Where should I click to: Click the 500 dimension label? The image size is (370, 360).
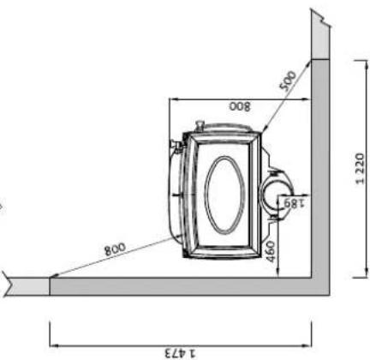[x=288, y=81]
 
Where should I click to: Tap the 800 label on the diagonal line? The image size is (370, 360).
[x=115, y=249]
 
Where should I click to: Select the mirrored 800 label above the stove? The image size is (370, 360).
[x=240, y=106]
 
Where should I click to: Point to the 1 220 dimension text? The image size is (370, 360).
[x=361, y=169]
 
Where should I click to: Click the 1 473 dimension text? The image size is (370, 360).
[x=181, y=353]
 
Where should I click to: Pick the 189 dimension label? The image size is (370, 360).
[x=295, y=202]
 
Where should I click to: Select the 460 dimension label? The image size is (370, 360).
[x=271, y=251]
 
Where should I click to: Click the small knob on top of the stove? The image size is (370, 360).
[x=200, y=125]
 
